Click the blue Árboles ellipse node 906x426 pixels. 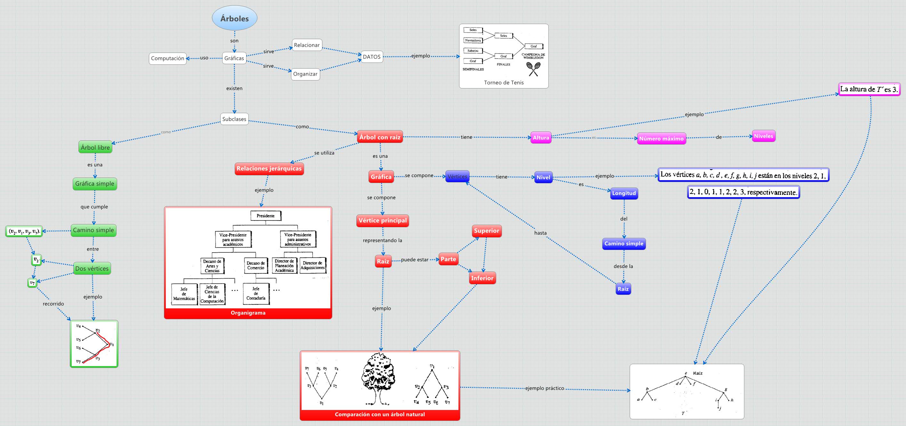[235, 18]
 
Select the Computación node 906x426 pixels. [168, 58]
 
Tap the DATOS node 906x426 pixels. [371, 57]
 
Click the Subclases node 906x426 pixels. [234, 119]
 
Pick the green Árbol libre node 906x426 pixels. [95, 147]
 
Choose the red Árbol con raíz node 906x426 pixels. [380, 137]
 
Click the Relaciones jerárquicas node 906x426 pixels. [269, 169]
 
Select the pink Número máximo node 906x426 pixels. [661, 139]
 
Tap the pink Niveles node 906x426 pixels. [764, 136]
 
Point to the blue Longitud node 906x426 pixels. [624, 193]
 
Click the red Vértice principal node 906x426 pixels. [383, 221]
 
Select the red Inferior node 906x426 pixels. [482, 278]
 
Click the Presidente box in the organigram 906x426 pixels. [265, 216]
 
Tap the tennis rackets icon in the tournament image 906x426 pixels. [533, 69]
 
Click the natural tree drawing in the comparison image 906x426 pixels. [379, 379]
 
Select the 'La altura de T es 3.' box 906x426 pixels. [869, 89]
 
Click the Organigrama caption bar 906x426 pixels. [248, 313]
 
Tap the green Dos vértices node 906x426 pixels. [92, 269]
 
